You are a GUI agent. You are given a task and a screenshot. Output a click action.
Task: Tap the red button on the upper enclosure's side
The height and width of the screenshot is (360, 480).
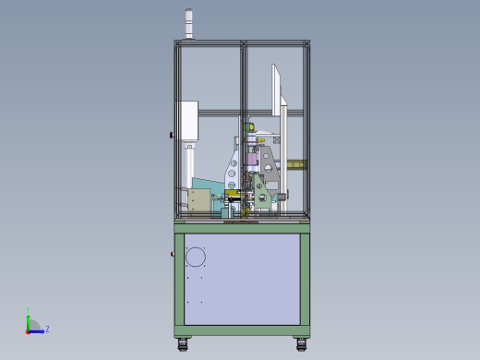[x=171, y=136]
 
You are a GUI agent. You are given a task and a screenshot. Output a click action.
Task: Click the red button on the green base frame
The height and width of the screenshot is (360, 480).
[x=172, y=254]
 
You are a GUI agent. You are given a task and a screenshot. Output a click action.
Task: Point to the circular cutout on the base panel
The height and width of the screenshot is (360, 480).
[x=195, y=256]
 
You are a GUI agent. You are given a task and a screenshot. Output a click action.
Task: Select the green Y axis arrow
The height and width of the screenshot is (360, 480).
[x=28, y=318]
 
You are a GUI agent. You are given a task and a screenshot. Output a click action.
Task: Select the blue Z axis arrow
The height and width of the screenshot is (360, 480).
[x=38, y=330]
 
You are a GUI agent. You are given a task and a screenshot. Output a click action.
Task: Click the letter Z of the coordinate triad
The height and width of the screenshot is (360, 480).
[x=47, y=329]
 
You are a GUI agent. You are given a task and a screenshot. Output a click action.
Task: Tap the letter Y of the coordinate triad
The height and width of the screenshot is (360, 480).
[x=28, y=311]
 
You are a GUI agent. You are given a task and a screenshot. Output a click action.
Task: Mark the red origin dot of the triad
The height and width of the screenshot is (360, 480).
[x=28, y=330]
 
